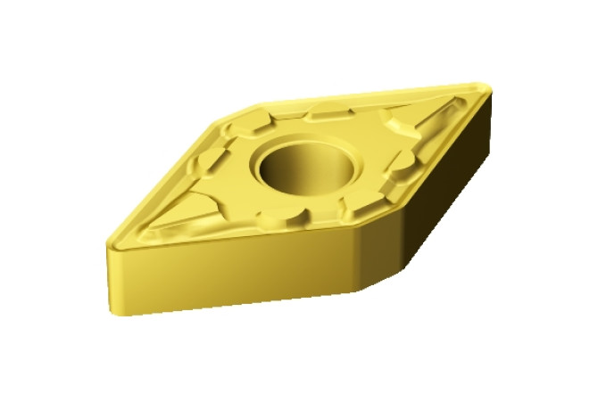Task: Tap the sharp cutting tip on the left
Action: tap(112, 242)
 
